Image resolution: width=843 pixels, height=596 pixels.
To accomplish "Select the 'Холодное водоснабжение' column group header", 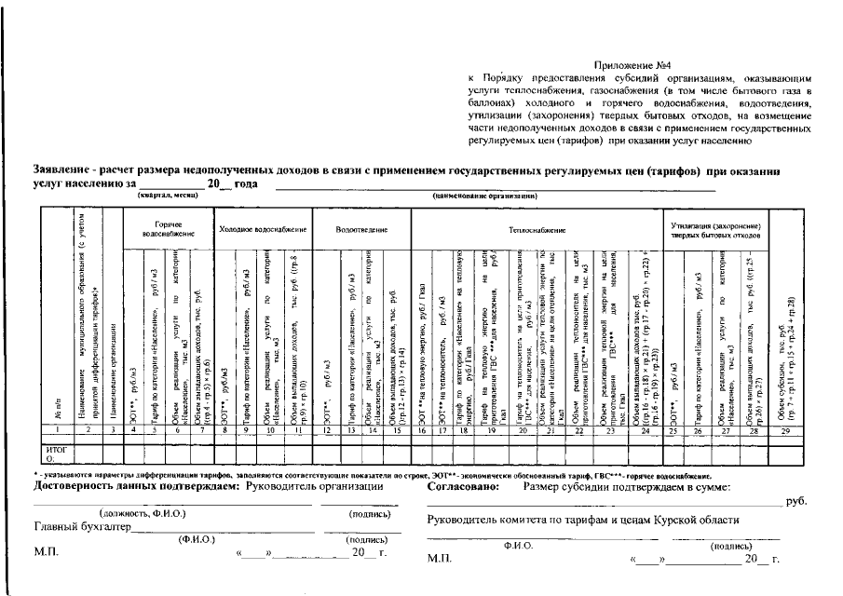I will [x=262, y=228].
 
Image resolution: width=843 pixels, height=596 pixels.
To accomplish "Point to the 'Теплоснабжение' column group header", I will [x=537, y=228].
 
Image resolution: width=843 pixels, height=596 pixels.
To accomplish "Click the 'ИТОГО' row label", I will [x=55, y=453].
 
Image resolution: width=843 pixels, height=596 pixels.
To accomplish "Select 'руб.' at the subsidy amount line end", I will [x=796, y=501].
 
